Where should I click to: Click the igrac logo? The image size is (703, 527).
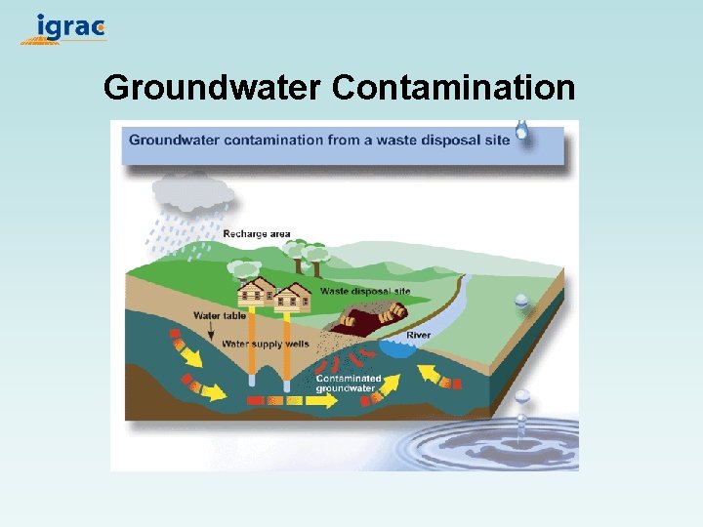tap(64, 27)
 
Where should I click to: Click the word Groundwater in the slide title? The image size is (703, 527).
tap(212, 88)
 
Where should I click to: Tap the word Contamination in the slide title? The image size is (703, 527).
tap(453, 88)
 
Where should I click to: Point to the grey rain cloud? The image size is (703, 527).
tap(191, 193)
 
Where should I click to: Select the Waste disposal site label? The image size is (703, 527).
tap(365, 291)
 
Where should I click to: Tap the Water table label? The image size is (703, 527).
tap(220, 315)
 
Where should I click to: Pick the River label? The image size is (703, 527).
tap(419, 335)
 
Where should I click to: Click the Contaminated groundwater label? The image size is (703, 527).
tap(348, 383)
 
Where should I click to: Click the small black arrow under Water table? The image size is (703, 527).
tap(209, 332)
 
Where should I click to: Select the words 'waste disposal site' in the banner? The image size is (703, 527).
tap(444, 140)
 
